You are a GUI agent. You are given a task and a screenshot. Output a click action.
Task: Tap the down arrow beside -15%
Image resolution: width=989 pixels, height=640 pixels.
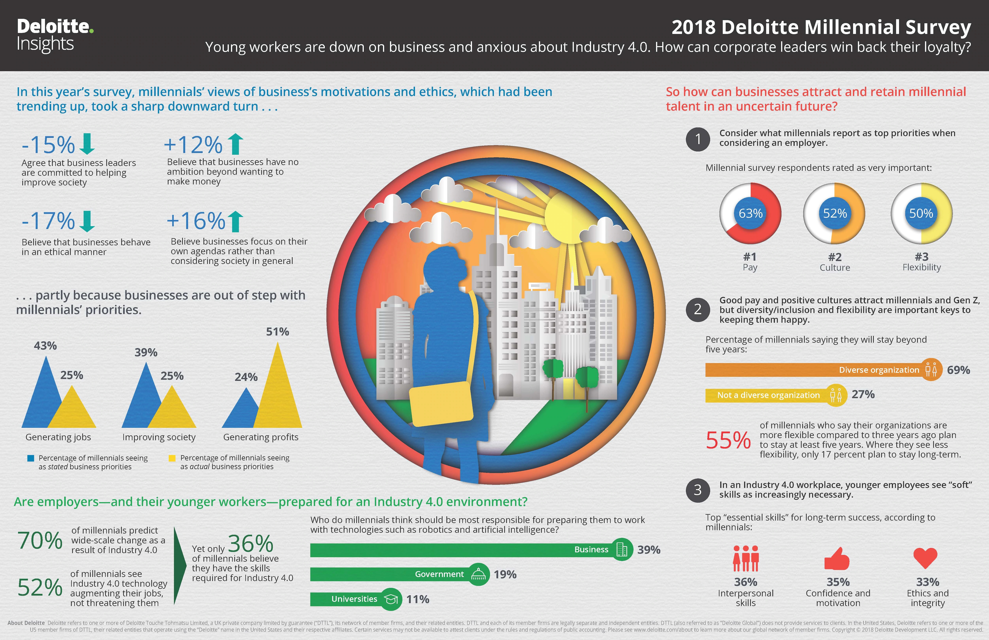87,144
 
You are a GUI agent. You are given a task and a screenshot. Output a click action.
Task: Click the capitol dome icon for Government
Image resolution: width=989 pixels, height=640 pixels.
479,574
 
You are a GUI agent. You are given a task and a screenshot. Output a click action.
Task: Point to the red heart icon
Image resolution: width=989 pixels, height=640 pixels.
926,557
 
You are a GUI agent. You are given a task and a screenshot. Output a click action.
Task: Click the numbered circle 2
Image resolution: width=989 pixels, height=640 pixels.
698,309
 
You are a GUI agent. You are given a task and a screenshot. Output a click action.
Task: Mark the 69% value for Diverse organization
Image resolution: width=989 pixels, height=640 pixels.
958,370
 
